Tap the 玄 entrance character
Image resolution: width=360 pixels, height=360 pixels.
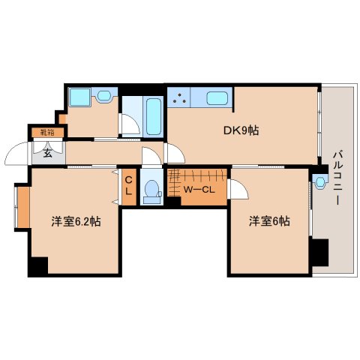point(46,154)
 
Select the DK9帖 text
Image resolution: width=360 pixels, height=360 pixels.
point(240,130)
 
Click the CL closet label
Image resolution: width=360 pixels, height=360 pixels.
point(128,185)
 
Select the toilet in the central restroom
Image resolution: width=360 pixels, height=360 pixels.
point(151,189)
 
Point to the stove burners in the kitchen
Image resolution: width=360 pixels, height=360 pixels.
point(179,97)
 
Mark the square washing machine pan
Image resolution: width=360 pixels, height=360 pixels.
point(78,97)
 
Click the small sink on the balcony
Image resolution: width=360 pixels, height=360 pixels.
point(321,181)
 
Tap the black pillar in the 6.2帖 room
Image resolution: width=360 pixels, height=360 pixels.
point(37,265)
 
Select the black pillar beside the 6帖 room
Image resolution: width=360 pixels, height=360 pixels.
point(320,252)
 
